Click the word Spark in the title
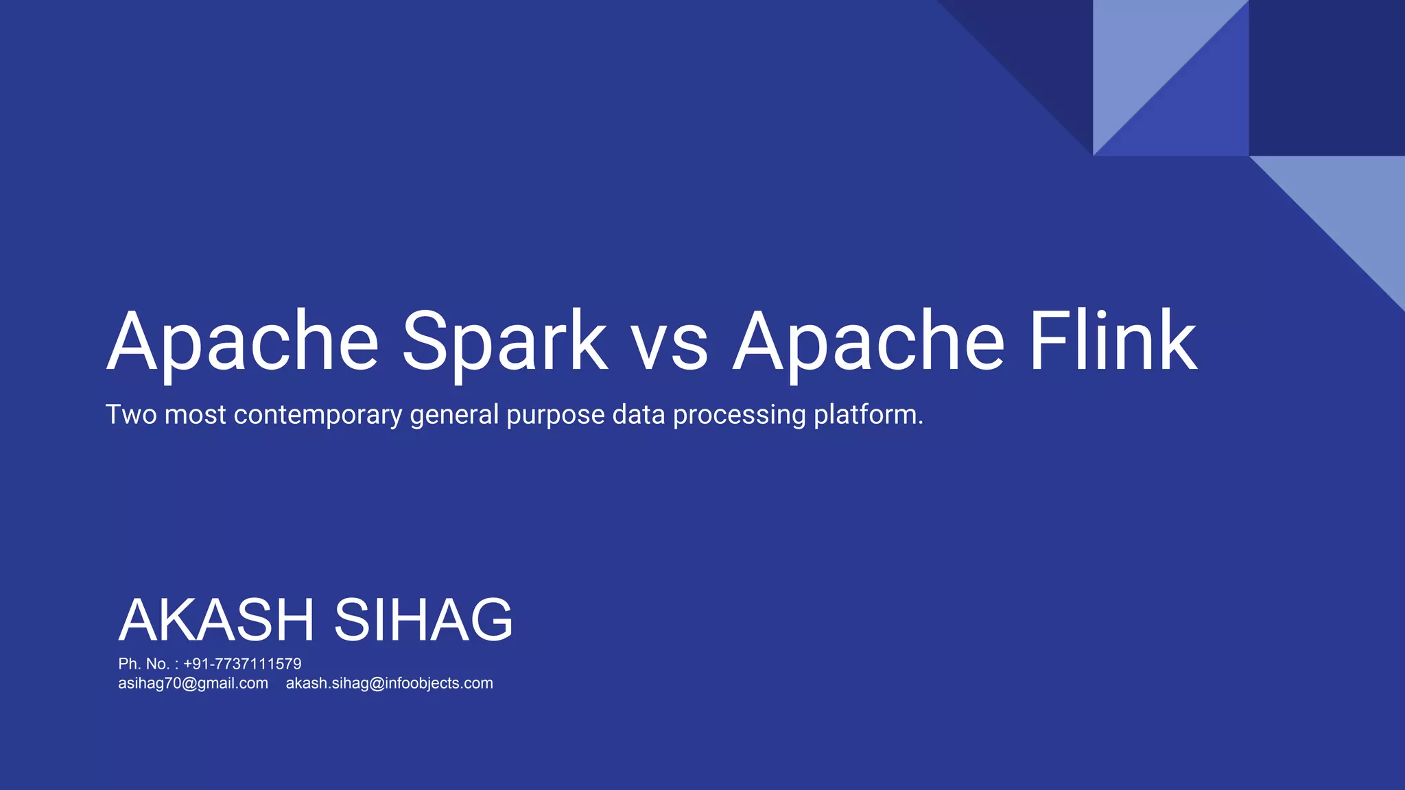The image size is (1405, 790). tap(504, 341)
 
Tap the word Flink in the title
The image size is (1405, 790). tap(1112, 341)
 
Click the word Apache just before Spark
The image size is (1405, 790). tap(242, 341)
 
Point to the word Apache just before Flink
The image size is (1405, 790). tap(869, 341)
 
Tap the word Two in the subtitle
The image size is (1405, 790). tap(130, 414)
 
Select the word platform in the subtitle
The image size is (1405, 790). tap(866, 415)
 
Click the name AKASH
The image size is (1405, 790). tap(216, 620)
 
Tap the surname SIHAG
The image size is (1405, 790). tap(423, 620)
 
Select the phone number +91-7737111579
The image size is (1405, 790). tap(242, 664)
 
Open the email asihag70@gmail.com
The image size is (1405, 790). tap(193, 683)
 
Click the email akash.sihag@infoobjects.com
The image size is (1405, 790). tap(389, 683)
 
